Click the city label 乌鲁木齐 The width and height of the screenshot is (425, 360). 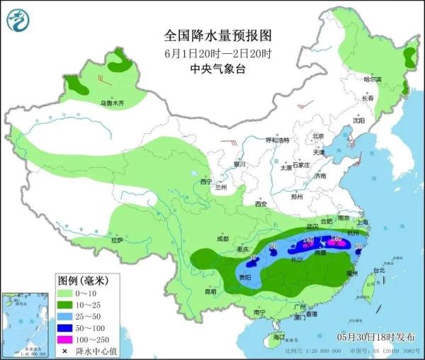tap(111, 103)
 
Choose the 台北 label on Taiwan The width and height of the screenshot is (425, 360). tap(379, 270)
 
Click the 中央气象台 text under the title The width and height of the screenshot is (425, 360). tap(217, 69)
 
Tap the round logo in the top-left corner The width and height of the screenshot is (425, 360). tap(19, 21)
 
